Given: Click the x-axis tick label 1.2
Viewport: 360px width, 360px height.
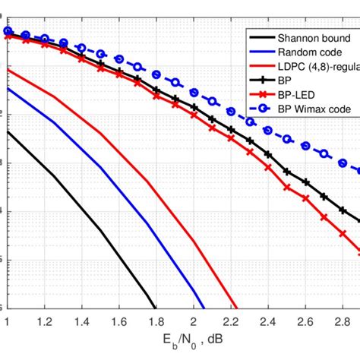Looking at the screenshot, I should (x=45, y=321).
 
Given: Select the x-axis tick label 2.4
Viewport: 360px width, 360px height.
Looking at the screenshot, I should (x=268, y=321).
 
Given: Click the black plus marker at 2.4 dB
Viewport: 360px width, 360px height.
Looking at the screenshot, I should (x=268, y=155).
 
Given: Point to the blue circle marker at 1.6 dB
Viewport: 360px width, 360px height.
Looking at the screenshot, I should (x=119, y=59).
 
